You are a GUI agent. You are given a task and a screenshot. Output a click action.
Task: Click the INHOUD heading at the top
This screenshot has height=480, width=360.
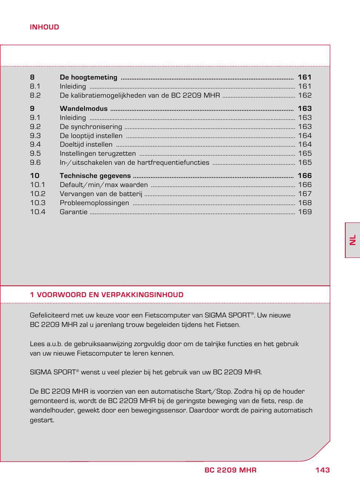(44, 27)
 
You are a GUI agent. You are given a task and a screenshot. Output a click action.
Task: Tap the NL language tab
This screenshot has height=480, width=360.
(352, 240)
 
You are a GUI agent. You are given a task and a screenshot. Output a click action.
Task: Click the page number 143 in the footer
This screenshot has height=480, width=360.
(322, 470)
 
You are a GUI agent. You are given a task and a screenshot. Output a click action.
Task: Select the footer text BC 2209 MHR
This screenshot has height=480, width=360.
(230, 470)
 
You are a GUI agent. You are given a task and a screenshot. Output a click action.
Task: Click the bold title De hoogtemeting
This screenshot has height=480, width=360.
(88, 77)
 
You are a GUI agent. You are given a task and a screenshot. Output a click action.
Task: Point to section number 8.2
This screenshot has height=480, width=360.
(35, 95)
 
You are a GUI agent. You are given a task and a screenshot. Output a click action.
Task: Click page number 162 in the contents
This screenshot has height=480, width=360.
(305, 95)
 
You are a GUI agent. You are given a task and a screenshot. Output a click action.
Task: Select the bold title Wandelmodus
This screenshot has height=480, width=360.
(83, 109)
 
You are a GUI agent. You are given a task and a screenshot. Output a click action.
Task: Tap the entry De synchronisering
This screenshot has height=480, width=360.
(91, 127)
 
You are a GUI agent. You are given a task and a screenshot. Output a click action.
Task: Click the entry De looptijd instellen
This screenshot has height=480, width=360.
(91, 136)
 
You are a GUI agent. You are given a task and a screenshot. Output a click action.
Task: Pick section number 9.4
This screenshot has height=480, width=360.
(35, 144)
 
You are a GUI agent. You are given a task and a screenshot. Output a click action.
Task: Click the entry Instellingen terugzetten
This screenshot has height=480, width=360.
(97, 153)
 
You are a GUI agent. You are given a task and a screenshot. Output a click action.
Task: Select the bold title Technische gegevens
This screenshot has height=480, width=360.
(95, 176)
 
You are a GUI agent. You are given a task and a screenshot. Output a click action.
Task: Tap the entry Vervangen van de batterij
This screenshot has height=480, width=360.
(101, 194)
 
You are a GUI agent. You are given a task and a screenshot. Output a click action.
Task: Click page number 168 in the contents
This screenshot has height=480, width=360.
(305, 203)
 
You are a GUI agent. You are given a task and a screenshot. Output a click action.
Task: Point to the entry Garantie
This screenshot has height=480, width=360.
(73, 212)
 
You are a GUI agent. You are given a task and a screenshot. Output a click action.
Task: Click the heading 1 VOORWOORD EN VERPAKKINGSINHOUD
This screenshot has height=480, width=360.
(106, 295)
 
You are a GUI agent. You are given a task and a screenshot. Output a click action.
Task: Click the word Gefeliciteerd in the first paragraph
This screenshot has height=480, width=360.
(49, 315)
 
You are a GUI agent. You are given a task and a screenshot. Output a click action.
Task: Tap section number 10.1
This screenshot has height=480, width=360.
(37, 185)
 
